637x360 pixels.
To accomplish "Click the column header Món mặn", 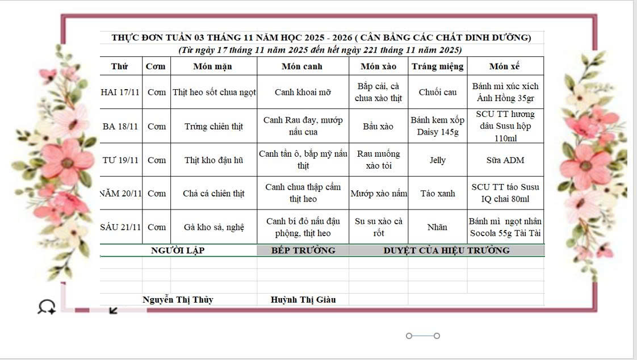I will [x=213, y=66].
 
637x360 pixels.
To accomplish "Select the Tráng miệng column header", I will [x=437, y=66].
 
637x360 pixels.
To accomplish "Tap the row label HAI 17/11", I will [x=120, y=92].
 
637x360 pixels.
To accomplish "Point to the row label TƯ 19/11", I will [x=120, y=160].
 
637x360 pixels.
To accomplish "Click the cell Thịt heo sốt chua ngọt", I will [x=214, y=92].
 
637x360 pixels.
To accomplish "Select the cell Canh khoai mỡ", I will [x=303, y=92].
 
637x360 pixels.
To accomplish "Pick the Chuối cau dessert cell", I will [x=437, y=92].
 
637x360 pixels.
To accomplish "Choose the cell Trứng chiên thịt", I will [x=213, y=126].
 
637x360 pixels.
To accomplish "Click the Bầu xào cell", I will [x=378, y=126].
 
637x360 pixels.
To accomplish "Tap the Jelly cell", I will [x=437, y=160].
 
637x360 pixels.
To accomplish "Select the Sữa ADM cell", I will [x=505, y=160].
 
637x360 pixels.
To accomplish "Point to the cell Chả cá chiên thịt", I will [x=213, y=193].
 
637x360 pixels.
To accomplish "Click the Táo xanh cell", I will [x=437, y=193].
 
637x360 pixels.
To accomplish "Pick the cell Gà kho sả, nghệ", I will [x=213, y=227].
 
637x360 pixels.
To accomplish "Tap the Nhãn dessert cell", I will [x=437, y=227].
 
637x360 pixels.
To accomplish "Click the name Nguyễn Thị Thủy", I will [x=178, y=300].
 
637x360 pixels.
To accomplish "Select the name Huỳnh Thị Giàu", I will [x=303, y=300].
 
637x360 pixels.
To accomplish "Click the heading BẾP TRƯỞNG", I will [x=303, y=250].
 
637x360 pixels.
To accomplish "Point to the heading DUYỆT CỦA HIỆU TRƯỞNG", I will [x=446, y=250].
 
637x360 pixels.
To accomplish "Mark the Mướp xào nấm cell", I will [x=379, y=193].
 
